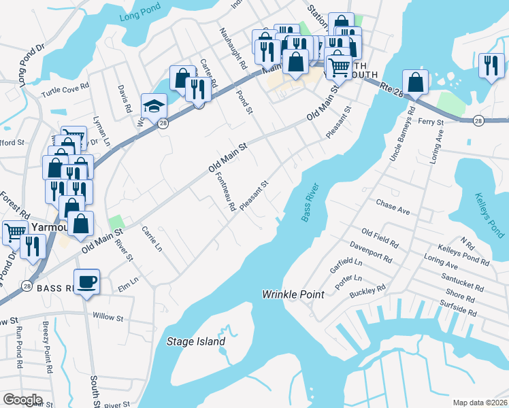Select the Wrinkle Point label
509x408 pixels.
point(293,294)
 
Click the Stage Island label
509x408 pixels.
point(196,341)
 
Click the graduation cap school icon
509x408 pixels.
point(154,106)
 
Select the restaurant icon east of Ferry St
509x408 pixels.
point(489,65)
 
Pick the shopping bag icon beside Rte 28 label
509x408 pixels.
point(415,82)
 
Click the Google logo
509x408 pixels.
point(22,400)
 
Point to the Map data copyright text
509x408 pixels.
point(480,403)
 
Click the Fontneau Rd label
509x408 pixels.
point(225,190)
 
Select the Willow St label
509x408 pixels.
point(108,317)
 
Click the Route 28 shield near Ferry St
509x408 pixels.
point(478,120)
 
